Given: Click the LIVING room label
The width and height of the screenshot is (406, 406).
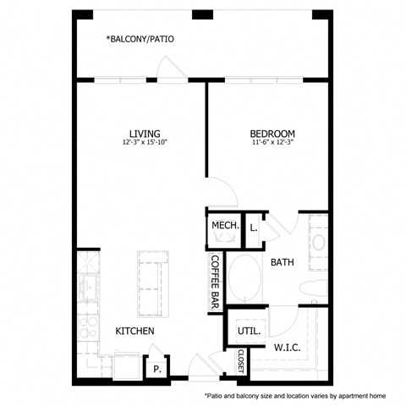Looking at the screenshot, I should pyautogui.click(x=145, y=134).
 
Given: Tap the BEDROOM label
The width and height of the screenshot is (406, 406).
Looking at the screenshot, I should pyautogui.click(x=272, y=134).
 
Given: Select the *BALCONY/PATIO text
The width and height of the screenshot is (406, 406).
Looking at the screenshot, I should pyautogui.click(x=140, y=39).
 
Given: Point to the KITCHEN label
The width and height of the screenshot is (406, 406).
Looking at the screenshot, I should pyautogui.click(x=135, y=331).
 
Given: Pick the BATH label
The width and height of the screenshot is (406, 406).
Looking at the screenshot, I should pyautogui.click(x=282, y=262).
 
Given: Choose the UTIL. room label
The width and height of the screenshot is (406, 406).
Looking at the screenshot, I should pyautogui.click(x=247, y=331).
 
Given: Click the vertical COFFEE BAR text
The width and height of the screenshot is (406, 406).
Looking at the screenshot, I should pyautogui.click(x=215, y=282).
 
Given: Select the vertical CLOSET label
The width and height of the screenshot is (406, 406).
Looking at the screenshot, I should pyautogui.click(x=240, y=361).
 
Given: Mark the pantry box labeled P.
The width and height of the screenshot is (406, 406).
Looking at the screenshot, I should pyautogui.click(x=156, y=369).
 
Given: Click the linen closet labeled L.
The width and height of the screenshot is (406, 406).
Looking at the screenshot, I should pyautogui.click(x=254, y=226).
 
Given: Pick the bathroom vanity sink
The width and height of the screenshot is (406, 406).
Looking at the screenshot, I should pyautogui.click(x=318, y=242).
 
